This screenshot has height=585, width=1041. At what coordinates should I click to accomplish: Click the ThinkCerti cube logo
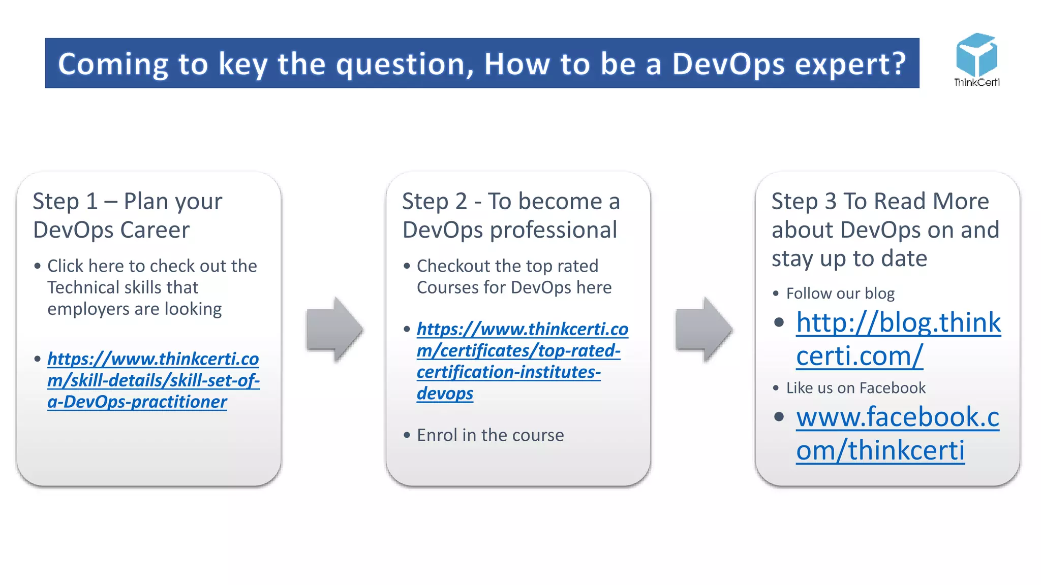tap(976, 55)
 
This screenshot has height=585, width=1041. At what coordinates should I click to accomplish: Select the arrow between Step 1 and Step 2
tap(334, 330)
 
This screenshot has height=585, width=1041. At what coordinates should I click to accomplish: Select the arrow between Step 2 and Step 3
tap(704, 330)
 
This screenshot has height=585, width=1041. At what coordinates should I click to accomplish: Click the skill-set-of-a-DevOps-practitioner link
tap(153, 380)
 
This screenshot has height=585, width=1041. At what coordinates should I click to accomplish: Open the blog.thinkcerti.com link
tap(898, 339)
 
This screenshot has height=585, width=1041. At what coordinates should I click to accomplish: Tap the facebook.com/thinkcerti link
tap(897, 433)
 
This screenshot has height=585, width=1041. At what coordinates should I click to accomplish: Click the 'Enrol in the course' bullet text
tap(490, 435)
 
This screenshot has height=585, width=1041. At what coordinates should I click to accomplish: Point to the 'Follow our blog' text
tap(840, 294)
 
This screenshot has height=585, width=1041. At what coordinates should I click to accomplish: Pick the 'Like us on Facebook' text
tap(855, 388)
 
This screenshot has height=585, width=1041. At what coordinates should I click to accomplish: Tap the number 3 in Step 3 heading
tap(831, 202)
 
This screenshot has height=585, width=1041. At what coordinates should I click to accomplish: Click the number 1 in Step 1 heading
tap(92, 202)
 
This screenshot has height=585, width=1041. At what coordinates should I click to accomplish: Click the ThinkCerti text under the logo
tap(976, 82)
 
